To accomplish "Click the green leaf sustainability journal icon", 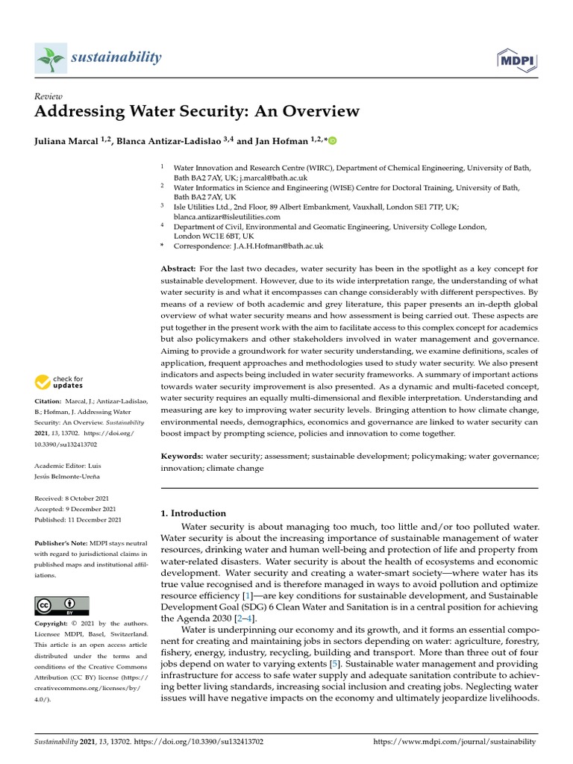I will (51, 58).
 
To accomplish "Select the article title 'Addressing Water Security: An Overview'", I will (197, 112).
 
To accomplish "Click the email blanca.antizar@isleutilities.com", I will (227, 216).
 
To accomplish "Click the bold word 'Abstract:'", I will (178, 268).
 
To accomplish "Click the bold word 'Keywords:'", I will (182, 456).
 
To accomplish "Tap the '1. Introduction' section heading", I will (193, 513).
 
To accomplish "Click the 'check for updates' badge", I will (59, 383).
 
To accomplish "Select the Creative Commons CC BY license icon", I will (61, 605).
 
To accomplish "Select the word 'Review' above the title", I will (48, 96).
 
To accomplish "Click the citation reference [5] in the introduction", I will (336, 663).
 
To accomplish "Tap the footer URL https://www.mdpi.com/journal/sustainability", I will (454, 742).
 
